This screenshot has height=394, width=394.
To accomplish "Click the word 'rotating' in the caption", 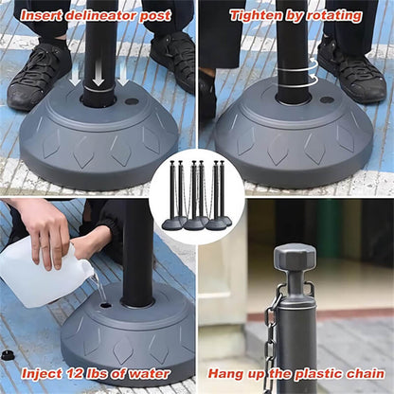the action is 334,15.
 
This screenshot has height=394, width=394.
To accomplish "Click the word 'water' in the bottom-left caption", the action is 150,374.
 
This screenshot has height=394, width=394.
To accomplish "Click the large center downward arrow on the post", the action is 98,75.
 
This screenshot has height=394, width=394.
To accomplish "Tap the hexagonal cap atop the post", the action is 295,257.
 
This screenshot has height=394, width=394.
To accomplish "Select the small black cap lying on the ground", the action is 7,355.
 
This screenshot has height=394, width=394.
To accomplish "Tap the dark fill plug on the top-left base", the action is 132,101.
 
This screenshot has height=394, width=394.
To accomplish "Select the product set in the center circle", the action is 197,196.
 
